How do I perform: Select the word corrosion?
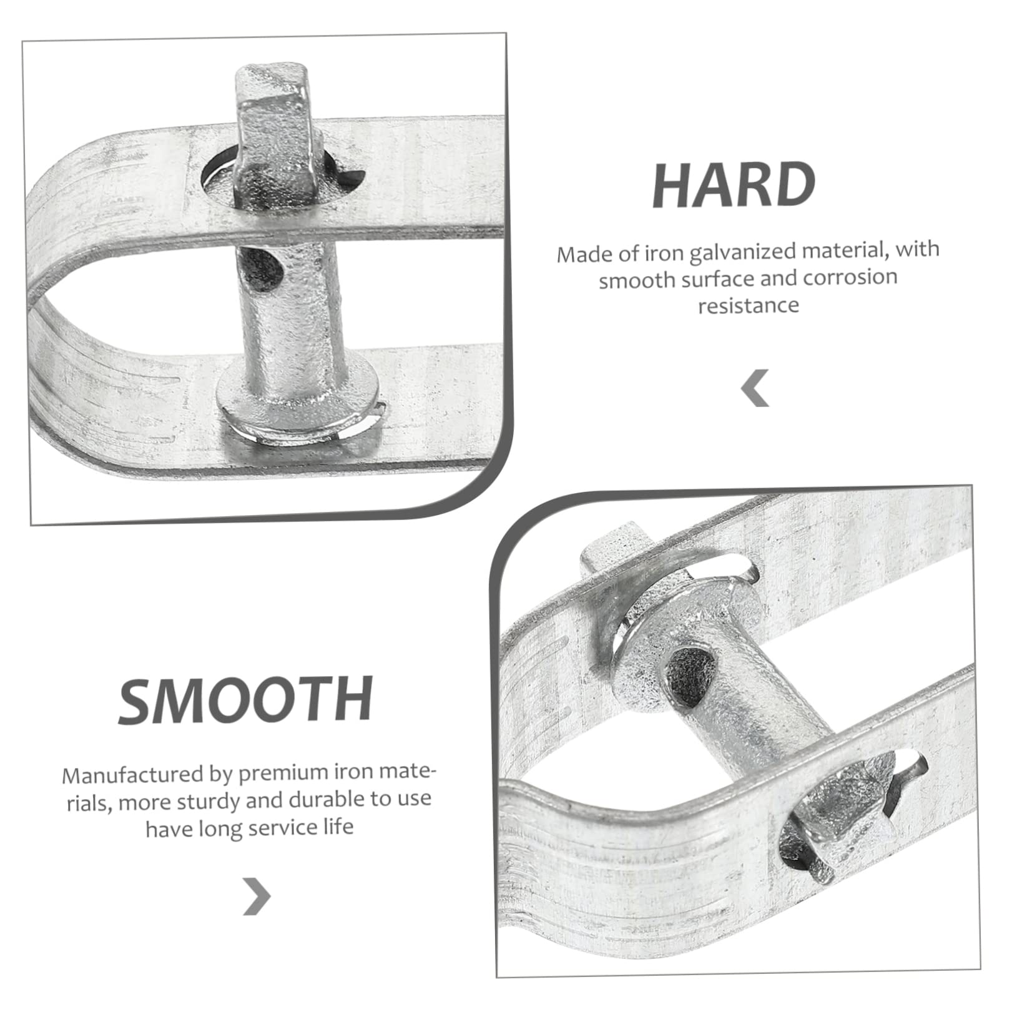850,277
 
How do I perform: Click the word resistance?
749,305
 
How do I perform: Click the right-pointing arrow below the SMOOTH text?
257,897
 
